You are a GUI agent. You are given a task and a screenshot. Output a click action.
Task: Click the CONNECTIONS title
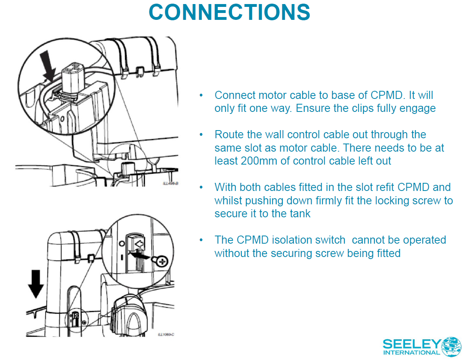pyautogui.click(x=230, y=12)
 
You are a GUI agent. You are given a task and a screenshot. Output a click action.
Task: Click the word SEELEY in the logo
pyautogui.click(x=411, y=345)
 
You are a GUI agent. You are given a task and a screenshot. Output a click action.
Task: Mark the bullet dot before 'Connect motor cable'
pyautogui.click(x=201, y=95)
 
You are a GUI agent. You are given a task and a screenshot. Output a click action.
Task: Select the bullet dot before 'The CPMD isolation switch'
pyautogui.click(x=201, y=240)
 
